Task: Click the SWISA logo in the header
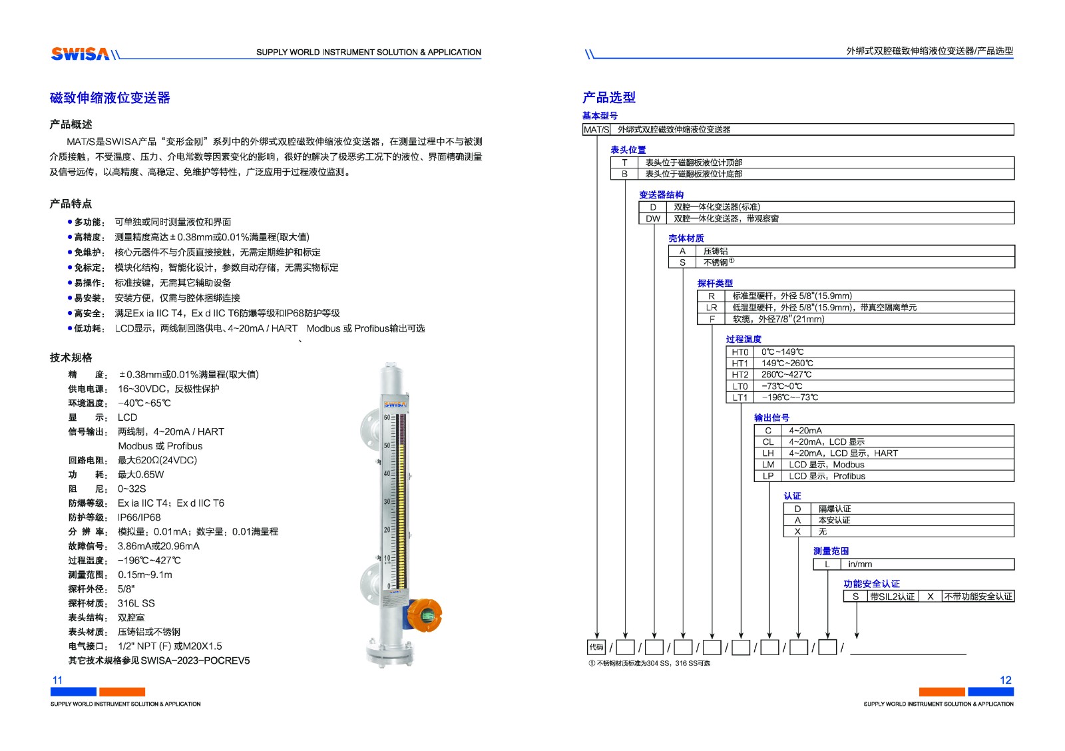point(80,54)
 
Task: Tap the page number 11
point(57,680)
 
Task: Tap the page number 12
point(1005,680)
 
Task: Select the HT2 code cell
point(740,375)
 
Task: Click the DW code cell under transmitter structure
point(652,218)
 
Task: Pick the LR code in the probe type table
point(711,308)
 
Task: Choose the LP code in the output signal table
point(767,476)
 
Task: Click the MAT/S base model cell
point(596,130)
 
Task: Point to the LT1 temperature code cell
point(740,397)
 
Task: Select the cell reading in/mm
point(860,564)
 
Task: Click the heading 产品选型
point(608,97)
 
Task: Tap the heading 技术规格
point(71,358)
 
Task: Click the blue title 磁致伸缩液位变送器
point(110,98)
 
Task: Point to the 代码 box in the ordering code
point(596,646)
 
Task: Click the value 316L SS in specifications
point(136,603)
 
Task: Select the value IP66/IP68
point(139,517)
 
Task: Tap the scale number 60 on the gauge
point(387,417)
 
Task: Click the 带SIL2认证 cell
point(892,597)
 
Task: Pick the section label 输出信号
point(771,417)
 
